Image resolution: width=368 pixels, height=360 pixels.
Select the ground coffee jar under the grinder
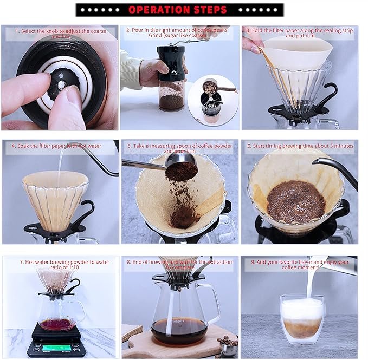(x=171, y=96)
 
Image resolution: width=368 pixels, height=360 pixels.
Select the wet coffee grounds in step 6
(x=295, y=201)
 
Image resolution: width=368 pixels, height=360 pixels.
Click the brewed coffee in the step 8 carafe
(x=179, y=331)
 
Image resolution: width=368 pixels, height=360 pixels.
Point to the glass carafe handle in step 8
(x=215, y=303)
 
